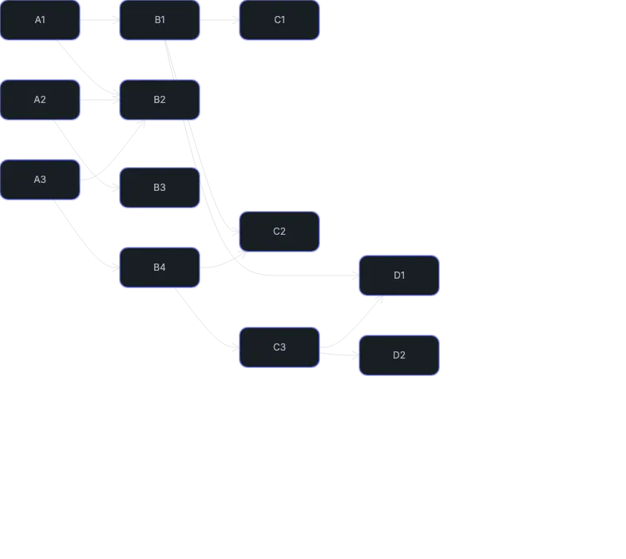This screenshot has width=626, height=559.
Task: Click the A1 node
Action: (40, 20)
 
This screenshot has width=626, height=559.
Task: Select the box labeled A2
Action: (40, 100)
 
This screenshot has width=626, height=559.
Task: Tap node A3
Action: (40, 180)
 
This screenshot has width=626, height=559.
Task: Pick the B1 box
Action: (160, 20)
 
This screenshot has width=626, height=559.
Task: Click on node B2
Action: (160, 100)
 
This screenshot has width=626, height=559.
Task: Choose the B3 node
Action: (160, 188)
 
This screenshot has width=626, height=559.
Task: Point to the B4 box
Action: (160, 268)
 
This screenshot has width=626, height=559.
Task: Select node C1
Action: (279, 20)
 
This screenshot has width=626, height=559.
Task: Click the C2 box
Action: (279, 232)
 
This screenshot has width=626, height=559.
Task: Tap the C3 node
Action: (279, 347)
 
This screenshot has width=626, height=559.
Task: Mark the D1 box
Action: (399, 276)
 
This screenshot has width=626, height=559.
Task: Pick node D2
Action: (399, 355)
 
